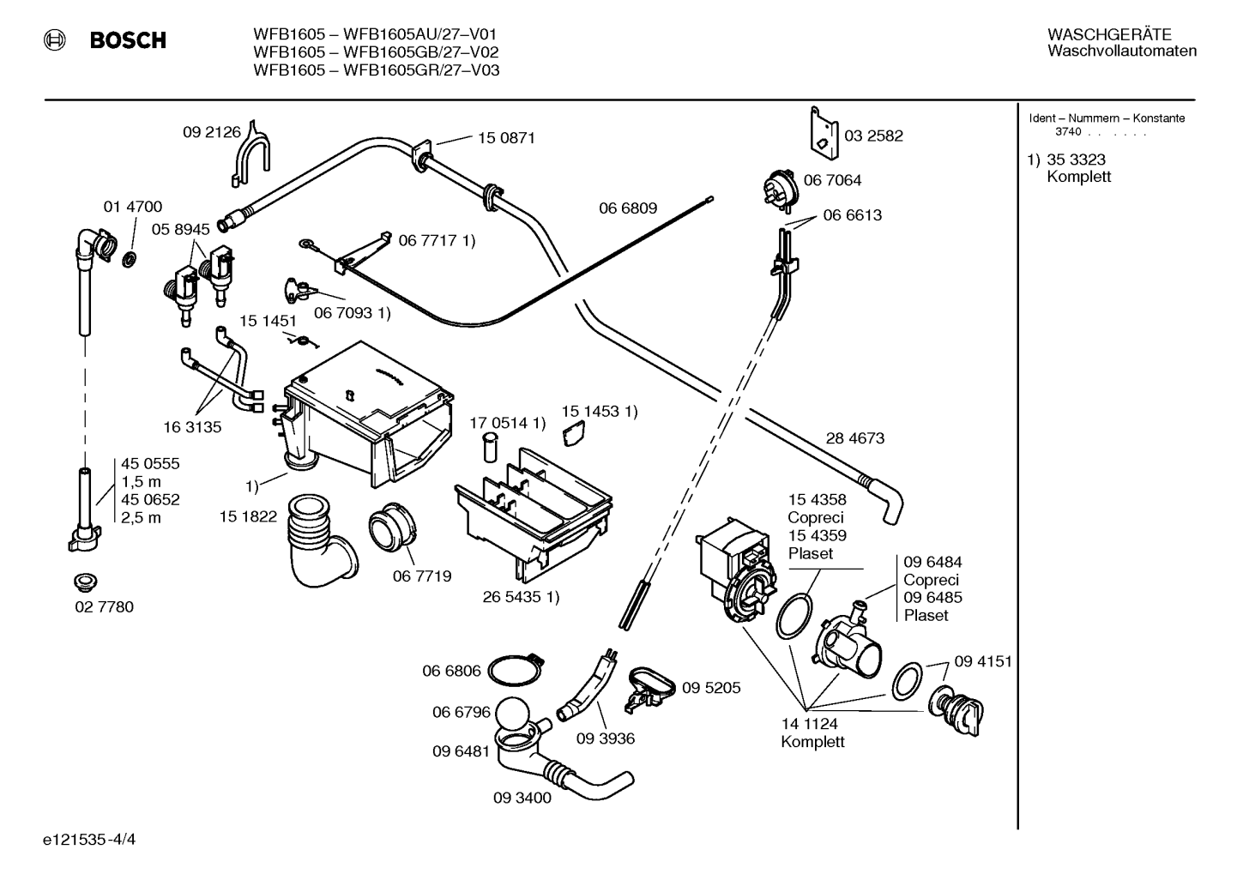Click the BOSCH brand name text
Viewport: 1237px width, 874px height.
(x=128, y=40)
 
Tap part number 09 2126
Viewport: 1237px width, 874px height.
(x=212, y=132)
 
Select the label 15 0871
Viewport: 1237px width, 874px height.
(x=506, y=137)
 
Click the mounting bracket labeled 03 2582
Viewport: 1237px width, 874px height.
(x=824, y=134)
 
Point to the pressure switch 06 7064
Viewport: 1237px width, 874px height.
(x=781, y=189)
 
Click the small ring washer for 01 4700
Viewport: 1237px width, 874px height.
(x=130, y=258)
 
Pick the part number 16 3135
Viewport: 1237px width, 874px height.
(x=192, y=427)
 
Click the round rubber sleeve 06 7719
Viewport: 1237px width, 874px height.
(x=393, y=527)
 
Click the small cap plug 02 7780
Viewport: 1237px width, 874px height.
(x=85, y=582)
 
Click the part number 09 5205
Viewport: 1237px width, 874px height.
(x=711, y=687)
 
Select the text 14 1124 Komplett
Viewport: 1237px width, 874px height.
(x=812, y=732)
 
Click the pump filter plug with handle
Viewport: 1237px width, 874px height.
(x=956, y=710)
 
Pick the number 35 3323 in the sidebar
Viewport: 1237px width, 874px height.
(x=1077, y=160)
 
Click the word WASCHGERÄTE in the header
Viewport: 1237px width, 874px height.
(x=1109, y=35)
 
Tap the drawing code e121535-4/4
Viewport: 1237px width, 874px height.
(x=89, y=840)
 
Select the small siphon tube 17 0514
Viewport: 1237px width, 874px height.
(x=490, y=447)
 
